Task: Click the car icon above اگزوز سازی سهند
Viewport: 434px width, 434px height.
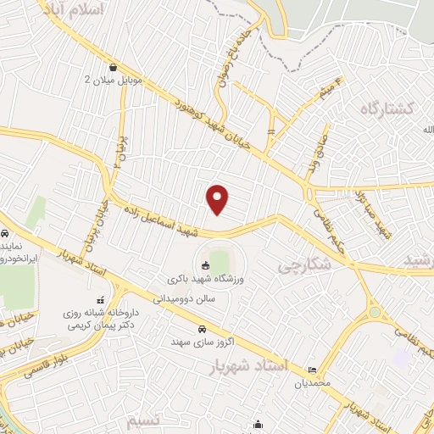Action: tap(201, 329)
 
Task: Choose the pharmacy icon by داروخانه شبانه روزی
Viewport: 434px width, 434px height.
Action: tap(99, 300)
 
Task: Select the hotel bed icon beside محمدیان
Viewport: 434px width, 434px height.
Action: tap(314, 370)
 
